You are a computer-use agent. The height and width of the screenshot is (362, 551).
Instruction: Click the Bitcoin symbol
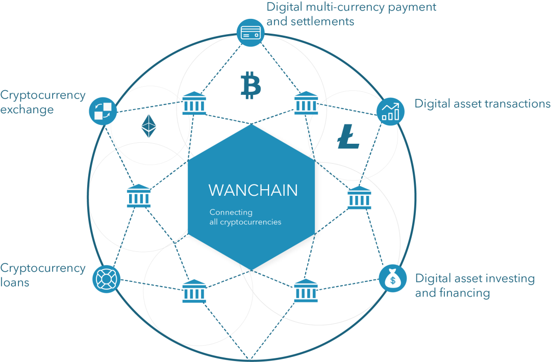251,85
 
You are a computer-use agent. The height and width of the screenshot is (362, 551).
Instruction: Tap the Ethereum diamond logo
148,126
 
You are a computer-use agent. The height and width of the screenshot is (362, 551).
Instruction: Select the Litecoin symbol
348,136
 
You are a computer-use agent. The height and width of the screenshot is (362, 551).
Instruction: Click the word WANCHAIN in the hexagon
253,190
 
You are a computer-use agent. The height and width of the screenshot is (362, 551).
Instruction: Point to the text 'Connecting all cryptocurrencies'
245,217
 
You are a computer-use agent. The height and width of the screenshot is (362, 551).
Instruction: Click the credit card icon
250,33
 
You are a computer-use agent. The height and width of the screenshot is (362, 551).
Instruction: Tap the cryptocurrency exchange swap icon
103,111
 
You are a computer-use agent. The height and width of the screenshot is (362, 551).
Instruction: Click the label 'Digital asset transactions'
482,104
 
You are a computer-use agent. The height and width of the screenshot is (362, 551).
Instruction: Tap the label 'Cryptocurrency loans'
43,275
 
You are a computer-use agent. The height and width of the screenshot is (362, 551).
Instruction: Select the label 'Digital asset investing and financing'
474,286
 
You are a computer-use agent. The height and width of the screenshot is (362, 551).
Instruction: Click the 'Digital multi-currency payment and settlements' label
352,14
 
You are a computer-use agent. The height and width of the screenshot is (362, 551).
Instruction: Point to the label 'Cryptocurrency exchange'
43,102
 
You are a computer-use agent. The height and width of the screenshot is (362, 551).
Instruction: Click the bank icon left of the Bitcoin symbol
194,104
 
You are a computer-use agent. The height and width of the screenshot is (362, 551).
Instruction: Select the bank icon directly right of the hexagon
359,197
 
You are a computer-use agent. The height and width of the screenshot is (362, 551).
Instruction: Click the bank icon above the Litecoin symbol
306,104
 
